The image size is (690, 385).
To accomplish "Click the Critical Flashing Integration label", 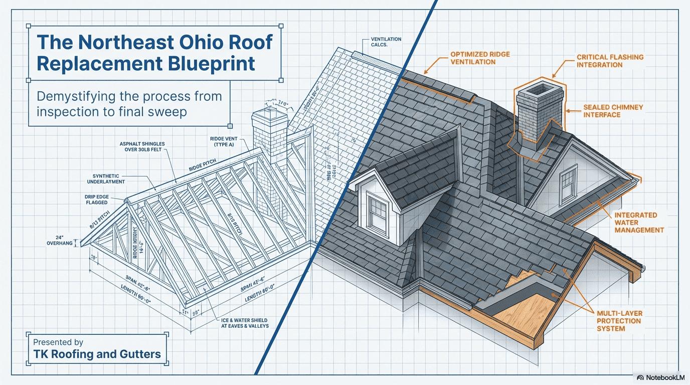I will click(x=610, y=61).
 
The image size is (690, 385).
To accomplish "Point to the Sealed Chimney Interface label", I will click(x=613, y=111).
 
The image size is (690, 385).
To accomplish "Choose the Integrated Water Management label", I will click(x=639, y=222).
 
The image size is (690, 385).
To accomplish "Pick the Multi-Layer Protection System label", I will click(x=619, y=321).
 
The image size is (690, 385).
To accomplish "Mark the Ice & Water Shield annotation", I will click(x=244, y=323).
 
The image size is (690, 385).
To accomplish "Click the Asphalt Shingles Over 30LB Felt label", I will click(x=142, y=147).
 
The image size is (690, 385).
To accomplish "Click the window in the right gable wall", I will click(x=568, y=183).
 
